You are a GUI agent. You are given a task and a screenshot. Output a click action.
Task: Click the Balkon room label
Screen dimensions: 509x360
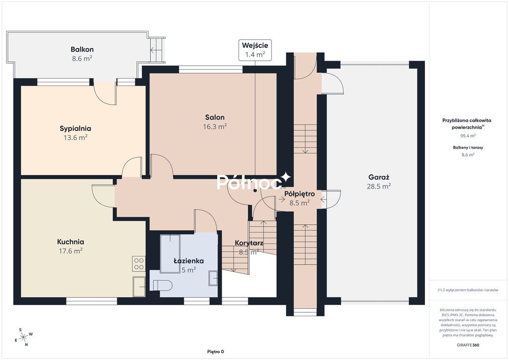coord(82,49)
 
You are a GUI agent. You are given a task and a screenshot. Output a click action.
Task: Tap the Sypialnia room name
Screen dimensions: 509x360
coord(76,128)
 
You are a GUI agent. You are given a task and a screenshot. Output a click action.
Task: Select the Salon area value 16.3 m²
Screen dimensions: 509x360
coord(215,127)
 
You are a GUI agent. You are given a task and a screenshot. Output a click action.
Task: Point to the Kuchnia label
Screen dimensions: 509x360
coord(71,242)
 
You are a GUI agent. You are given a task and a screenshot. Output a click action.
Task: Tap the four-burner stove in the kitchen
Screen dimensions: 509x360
coord(139,264)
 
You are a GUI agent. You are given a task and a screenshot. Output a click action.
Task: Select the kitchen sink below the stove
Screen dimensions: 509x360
coord(139,286)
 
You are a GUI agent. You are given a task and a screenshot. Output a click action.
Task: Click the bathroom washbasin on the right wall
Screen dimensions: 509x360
coord(213,278)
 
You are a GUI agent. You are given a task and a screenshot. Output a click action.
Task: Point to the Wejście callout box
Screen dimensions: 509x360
coord(255,50)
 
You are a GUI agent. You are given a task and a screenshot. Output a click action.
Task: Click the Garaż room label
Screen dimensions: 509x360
coord(379,177)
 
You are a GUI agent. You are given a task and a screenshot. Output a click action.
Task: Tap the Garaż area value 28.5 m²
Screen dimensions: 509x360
coord(379,186)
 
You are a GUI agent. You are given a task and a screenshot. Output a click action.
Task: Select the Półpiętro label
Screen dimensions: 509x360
coord(300,194)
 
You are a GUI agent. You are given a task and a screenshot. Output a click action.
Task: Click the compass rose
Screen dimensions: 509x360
coord(24,337)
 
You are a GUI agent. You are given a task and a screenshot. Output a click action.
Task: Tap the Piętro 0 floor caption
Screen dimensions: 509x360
coord(216,352)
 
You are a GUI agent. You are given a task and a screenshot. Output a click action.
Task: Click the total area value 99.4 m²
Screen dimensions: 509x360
coord(468,136)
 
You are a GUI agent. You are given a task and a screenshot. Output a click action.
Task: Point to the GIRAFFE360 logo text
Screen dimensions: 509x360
coord(468,345)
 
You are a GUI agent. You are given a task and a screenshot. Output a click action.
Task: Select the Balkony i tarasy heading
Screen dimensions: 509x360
coord(468,147)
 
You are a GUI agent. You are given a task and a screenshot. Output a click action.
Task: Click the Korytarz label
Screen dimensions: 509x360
coord(249,243)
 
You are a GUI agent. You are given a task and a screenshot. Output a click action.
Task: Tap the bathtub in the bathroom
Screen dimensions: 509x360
coord(170,254)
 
